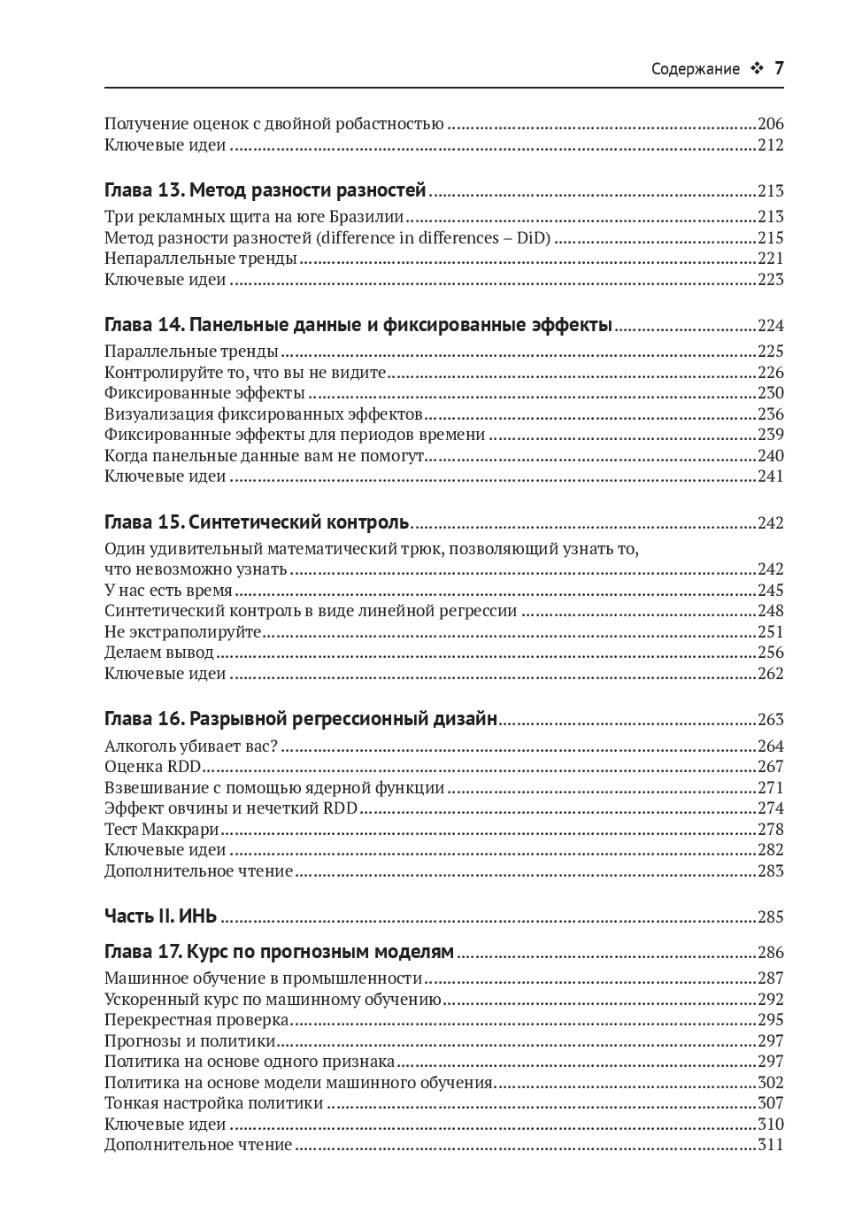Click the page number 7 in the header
[779, 68]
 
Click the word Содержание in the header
[695, 69]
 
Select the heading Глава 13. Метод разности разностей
[265, 190]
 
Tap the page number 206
[770, 124]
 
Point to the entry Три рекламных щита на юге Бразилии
[254, 217]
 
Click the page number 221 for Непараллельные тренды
[770, 259]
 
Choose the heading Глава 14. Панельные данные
[358, 325]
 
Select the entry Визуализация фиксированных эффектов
[263, 414]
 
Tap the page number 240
[770, 456]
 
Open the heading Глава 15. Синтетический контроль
[257, 522]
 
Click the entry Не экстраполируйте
[182, 632]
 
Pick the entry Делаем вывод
[159, 653]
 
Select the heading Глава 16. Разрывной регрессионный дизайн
[301, 719]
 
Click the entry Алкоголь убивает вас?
[190, 746]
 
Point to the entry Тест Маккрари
[161, 830]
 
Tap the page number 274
[770, 808]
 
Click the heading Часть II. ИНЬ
[160, 916]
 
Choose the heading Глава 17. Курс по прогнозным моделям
[279, 952]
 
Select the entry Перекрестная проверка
[196, 1020]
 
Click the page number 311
[770, 1145]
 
